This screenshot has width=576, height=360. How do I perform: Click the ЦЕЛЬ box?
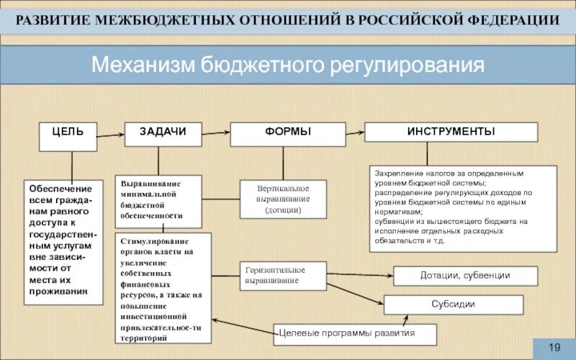coord(67,136)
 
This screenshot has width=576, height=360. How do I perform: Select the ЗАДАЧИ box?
coord(163,133)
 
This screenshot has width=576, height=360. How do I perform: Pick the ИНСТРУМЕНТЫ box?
coord(451,132)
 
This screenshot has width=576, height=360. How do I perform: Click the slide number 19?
coord(554,348)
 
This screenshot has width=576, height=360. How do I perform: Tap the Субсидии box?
coord(453,305)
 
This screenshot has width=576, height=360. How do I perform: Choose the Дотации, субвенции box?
coord(465,276)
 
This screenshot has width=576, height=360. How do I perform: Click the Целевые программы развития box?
coord(356,333)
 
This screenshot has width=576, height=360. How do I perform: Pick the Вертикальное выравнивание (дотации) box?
coord(283,198)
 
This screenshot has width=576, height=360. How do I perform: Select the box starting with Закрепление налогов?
coord(464,209)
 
